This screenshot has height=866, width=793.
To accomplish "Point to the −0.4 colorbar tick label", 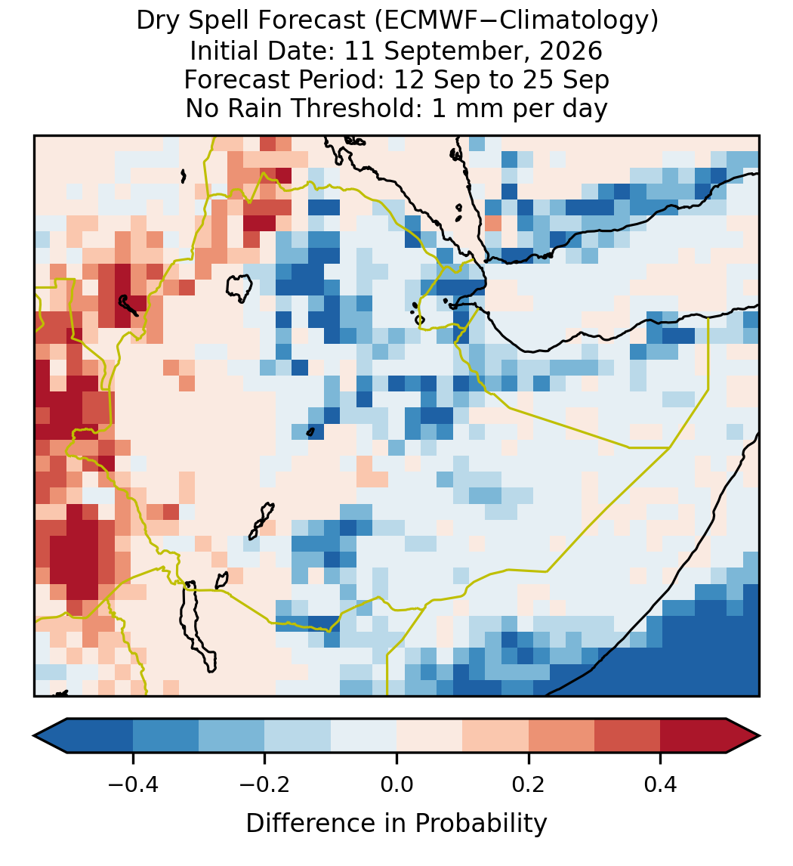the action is [x=132, y=784].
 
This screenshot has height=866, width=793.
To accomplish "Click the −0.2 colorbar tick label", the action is [x=264, y=784].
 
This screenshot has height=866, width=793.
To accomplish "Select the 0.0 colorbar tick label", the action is [x=396, y=784].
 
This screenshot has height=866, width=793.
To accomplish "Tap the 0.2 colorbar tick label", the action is [x=528, y=784].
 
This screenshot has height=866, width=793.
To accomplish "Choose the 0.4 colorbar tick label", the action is [x=660, y=784].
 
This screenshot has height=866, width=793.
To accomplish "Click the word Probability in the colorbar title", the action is [x=480, y=824].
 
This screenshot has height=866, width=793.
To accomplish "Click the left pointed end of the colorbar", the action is [x=35, y=736].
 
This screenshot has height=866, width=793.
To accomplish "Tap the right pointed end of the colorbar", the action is [x=759, y=736].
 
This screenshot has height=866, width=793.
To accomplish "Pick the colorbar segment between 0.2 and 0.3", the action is [x=561, y=736].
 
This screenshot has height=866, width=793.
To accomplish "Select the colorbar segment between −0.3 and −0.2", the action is [x=231, y=736].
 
